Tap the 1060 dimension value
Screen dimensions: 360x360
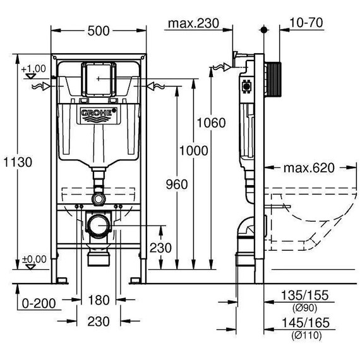(210, 123)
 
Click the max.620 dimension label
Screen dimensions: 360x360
(308, 168)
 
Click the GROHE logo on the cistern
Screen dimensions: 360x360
(98, 114)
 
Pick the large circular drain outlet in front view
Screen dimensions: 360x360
(98, 225)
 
